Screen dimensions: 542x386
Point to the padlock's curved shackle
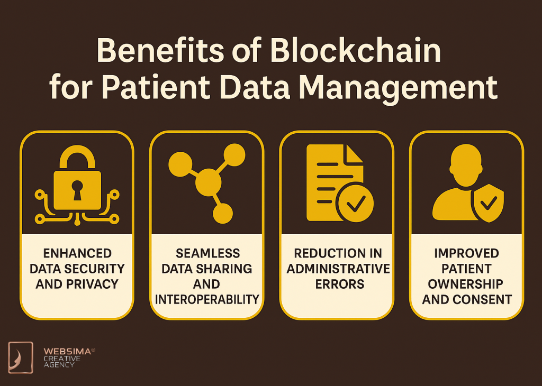77,158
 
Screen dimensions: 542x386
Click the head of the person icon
466,163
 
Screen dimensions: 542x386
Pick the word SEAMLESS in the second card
207,253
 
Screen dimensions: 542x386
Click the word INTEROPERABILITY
207,300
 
